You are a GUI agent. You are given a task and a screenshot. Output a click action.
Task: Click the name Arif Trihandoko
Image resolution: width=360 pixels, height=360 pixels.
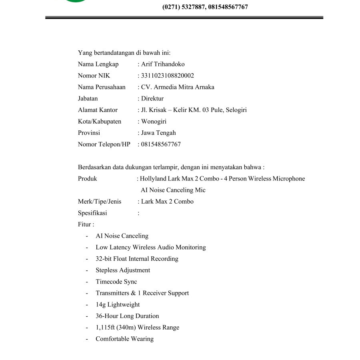tap(163, 64)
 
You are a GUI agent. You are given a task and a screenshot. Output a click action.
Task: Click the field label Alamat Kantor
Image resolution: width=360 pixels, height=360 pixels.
tap(98, 110)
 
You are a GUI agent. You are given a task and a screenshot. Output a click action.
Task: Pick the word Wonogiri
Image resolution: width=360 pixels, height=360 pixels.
tap(154, 122)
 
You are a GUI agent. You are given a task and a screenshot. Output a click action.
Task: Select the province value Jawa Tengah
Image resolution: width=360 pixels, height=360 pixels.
tap(158, 133)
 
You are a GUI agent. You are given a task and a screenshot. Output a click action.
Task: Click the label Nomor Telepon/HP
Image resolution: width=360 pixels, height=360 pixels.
tap(104, 144)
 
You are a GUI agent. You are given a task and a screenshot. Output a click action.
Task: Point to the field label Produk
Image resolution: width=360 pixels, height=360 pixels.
tap(87, 179)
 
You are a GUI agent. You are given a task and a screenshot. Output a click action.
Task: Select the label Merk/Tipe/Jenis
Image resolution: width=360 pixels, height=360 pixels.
tap(100, 202)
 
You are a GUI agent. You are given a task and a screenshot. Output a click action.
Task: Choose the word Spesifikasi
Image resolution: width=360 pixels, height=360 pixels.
tap(92, 213)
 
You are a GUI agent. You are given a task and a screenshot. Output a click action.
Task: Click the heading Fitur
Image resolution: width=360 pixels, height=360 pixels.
tap(85, 224)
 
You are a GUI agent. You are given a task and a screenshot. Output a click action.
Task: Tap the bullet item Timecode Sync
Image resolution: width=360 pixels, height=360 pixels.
tap(116, 282)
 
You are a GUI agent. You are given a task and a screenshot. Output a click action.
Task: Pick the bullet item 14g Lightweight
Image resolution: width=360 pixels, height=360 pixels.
tap(118, 305)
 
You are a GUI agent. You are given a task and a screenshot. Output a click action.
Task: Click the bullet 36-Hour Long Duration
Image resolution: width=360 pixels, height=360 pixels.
tap(127, 316)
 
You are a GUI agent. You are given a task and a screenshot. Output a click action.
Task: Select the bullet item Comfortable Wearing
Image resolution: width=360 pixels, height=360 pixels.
tap(124, 339)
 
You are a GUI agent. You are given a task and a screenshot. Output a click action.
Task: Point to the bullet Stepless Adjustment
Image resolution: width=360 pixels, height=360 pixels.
tap(123, 270)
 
